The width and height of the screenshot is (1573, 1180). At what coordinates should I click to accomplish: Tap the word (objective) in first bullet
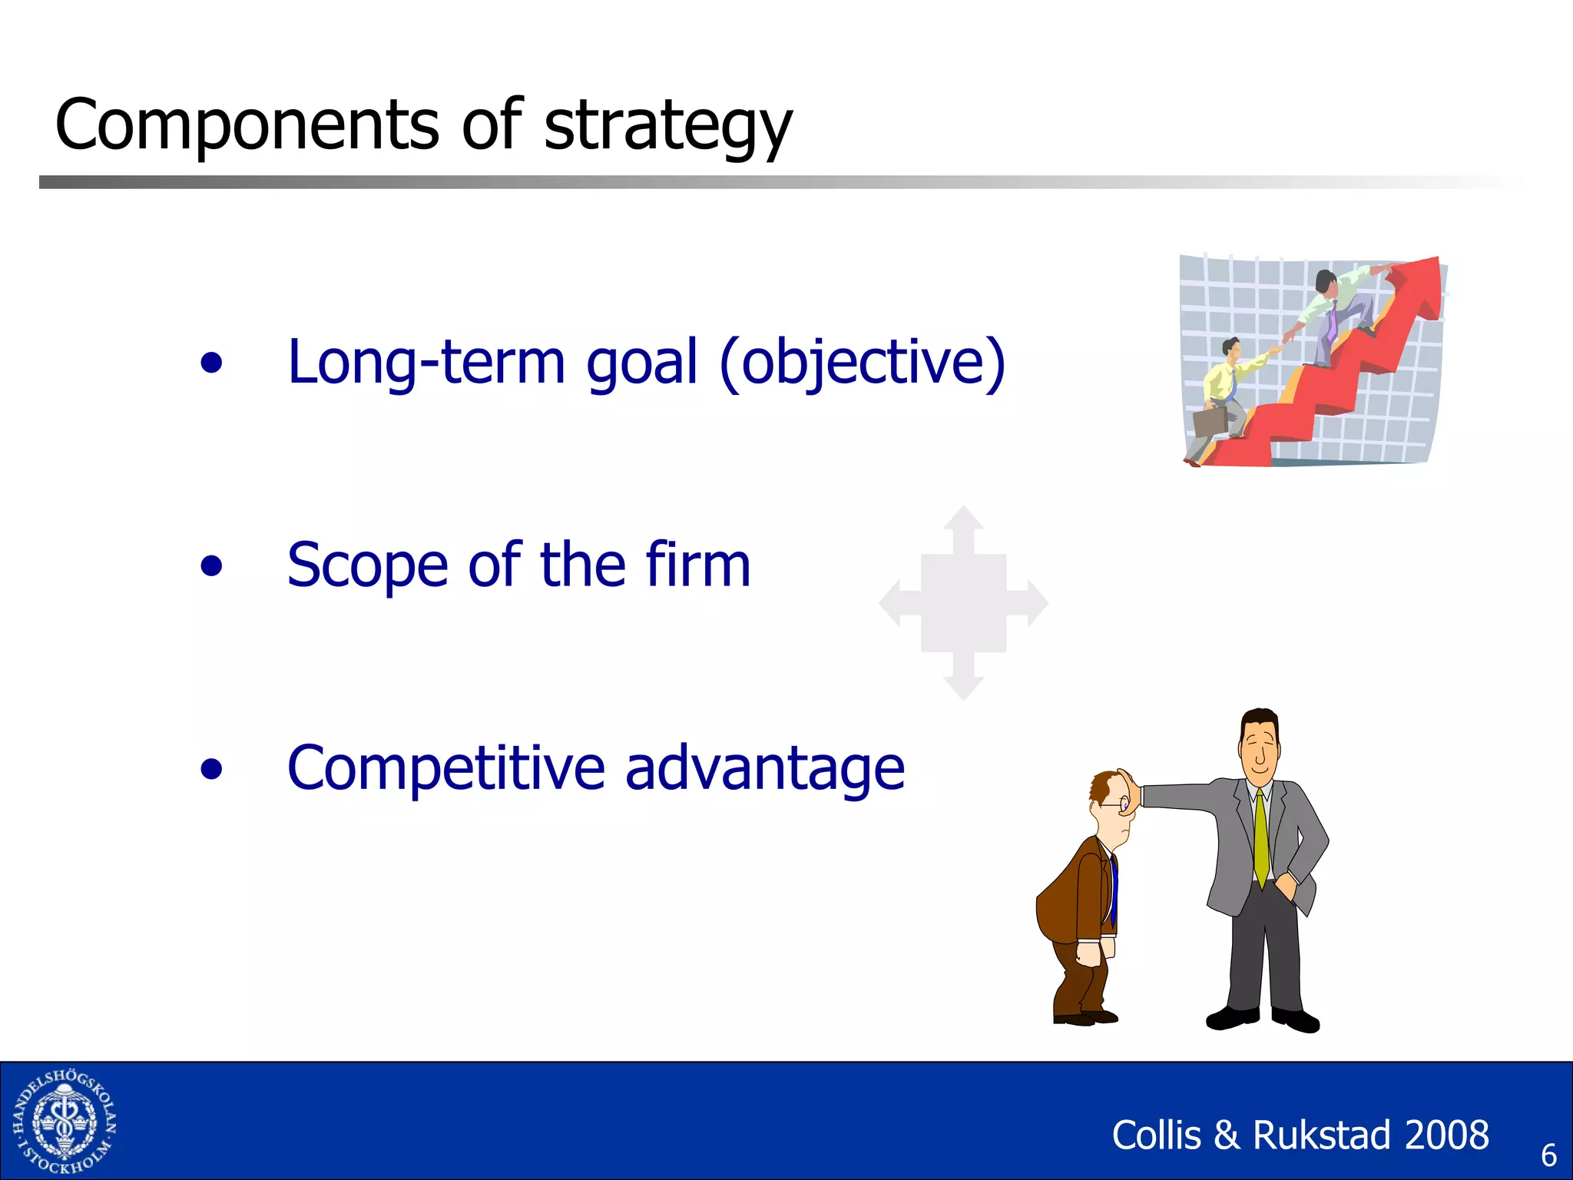coord(862,363)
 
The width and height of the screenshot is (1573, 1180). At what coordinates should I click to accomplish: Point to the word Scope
coord(366,566)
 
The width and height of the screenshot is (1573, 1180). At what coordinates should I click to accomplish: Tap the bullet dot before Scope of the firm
coord(211,566)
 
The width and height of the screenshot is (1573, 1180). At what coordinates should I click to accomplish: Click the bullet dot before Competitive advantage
coord(211,769)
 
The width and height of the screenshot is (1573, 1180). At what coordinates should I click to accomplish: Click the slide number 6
coord(1548,1155)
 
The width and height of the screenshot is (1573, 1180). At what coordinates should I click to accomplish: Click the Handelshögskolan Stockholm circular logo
coord(65,1121)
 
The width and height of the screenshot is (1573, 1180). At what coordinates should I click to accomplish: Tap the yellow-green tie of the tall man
coord(1260,837)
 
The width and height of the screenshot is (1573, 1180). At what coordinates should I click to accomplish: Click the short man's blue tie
coord(1113,891)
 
